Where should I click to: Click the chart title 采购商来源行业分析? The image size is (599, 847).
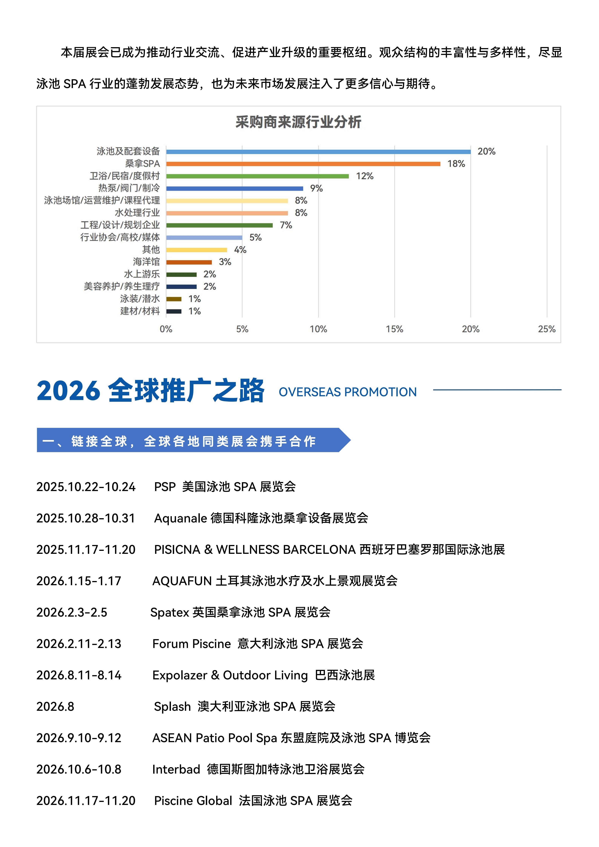[298, 122]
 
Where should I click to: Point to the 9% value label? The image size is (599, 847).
[316, 188]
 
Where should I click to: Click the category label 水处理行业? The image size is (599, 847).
[137, 213]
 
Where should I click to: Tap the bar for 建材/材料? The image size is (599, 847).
[174, 311]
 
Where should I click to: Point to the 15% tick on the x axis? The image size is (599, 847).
[394, 329]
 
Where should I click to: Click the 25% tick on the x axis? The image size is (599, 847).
[547, 329]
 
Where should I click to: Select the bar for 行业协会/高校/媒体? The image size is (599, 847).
[204, 237]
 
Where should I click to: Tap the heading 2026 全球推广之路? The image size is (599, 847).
[151, 391]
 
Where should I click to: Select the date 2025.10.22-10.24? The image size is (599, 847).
[86, 487]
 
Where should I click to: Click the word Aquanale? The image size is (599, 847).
[180, 518]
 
